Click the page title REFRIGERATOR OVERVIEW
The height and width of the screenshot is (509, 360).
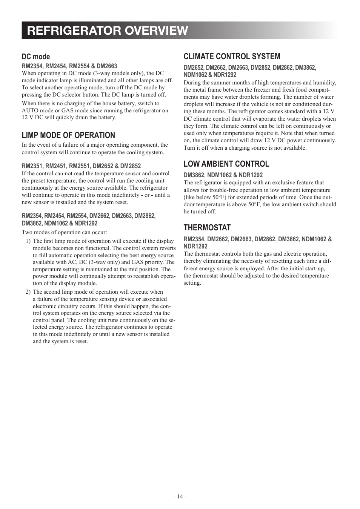pos(108,31)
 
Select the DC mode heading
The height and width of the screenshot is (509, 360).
pos(36,57)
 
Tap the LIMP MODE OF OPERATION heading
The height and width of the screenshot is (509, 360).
pos(68,135)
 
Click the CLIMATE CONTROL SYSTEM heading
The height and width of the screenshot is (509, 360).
pos(232,57)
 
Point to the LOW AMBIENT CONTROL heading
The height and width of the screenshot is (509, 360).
pos(226,164)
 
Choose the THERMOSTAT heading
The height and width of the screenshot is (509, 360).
pos(207,228)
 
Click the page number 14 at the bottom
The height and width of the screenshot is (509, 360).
pos(180,497)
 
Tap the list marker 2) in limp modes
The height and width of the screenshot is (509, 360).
pos(28,292)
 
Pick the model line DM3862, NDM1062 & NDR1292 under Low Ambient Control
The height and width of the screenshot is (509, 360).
pos(223,175)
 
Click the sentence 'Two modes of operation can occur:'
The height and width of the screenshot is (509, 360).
pos(64,233)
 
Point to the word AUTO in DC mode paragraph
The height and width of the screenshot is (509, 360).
pos(30,110)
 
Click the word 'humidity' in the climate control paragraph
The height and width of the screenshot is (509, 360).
pos(324,83)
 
